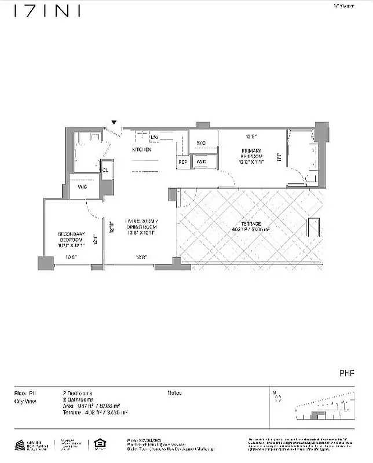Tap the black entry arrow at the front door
pyautogui.click(x=114, y=122)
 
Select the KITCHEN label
pyautogui.click(x=142, y=149)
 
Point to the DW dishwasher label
pyautogui.click(x=155, y=137)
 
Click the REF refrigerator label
pyautogui.click(x=182, y=162)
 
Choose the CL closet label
pyautogui.click(x=105, y=170)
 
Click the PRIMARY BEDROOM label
pyautogui.click(x=252, y=154)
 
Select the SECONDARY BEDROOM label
pyautogui.click(x=72, y=237)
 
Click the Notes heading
pyautogui.click(x=174, y=393)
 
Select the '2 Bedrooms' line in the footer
pyautogui.click(x=78, y=393)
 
